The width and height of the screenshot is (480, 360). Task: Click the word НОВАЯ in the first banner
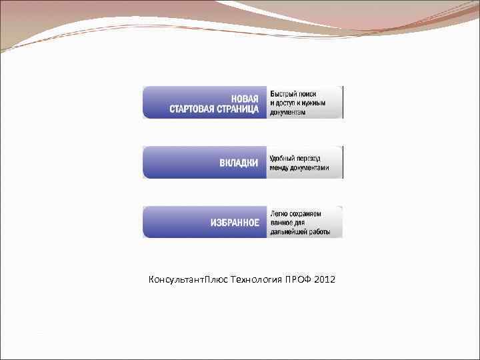(245, 98)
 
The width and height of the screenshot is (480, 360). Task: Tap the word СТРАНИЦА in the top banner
(239, 109)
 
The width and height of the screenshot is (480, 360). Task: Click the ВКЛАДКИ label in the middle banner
(239, 163)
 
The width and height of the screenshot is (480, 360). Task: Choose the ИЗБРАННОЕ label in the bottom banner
(235, 223)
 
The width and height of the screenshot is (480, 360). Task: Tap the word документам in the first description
(289, 112)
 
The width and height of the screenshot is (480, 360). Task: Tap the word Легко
(279, 214)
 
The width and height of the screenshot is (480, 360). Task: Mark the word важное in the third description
(283, 223)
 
